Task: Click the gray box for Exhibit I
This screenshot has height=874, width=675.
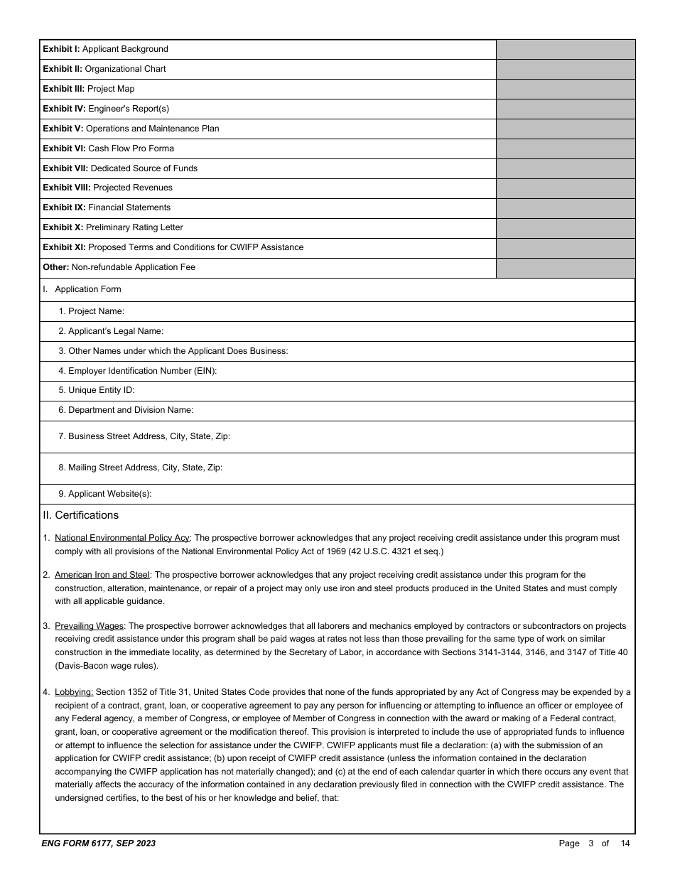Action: tap(565, 49)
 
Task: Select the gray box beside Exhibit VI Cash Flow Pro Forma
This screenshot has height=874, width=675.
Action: tap(565, 149)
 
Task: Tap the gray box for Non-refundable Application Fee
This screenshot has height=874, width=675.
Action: tap(565, 268)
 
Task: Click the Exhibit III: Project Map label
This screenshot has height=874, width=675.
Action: tap(88, 89)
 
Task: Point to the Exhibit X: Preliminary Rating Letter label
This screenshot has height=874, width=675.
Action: tap(112, 227)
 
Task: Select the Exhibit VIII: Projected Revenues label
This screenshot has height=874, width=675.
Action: tap(107, 188)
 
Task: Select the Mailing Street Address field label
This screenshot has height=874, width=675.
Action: tap(140, 468)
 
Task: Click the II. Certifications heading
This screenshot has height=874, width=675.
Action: tap(81, 515)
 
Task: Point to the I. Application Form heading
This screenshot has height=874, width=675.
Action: tap(82, 289)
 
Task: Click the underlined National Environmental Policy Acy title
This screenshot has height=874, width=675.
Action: tap(121, 538)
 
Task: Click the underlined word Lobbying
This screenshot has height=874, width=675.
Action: tap(74, 691)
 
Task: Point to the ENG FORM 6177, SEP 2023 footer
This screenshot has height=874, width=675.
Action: tap(99, 843)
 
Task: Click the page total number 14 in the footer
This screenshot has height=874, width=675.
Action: tap(625, 843)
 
